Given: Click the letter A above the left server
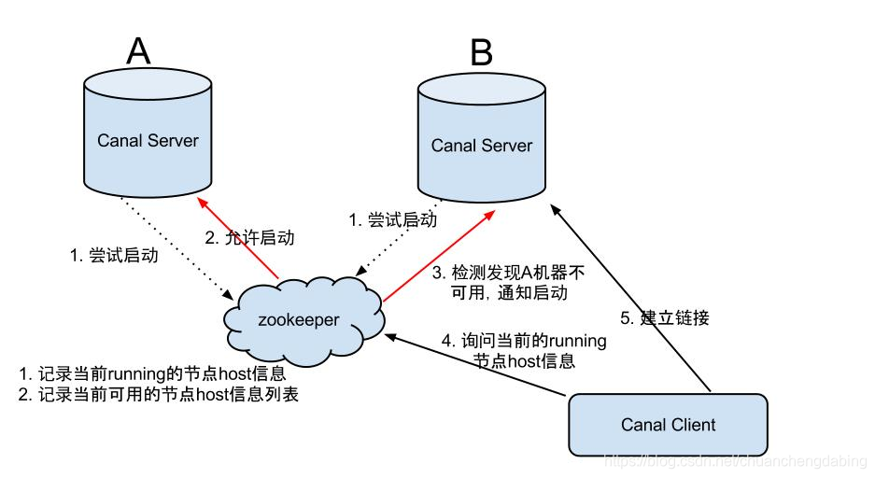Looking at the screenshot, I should click(138, 51).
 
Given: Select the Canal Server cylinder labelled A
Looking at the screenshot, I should click(148, 140).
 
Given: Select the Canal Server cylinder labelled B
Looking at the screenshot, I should click(482, 145).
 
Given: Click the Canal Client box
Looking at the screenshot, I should click(669, 425).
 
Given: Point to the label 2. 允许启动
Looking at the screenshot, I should click(248, 238).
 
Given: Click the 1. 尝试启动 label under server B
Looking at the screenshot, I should click(392, 220).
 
